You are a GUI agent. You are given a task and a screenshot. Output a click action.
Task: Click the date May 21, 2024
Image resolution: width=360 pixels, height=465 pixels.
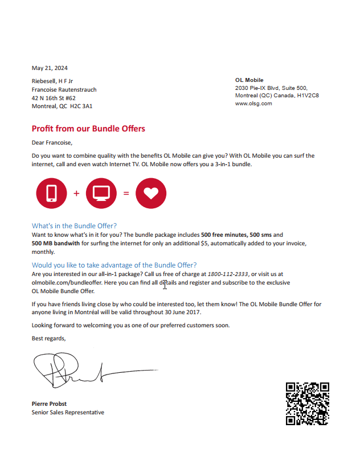(50, 68)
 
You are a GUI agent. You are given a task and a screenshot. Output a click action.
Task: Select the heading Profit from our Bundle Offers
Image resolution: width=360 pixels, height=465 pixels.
(88, 129)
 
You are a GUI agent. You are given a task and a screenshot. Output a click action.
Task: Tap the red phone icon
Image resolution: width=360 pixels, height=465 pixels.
(51, 193)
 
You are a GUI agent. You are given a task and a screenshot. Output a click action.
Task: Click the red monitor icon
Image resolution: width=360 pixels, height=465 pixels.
(101, 193)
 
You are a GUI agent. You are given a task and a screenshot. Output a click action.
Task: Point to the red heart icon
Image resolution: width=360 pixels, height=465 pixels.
(150, 193)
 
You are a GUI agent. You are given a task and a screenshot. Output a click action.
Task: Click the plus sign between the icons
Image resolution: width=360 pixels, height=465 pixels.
(76, 193)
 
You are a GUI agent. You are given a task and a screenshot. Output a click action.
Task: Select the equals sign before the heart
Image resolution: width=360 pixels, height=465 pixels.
(126, 193)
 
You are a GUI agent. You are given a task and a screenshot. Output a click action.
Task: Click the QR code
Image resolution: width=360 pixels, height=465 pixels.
(308, 404)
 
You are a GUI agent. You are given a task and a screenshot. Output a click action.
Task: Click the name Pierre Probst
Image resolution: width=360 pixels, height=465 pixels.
(49, 404)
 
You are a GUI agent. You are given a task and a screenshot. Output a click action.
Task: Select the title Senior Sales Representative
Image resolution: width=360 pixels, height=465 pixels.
(68, 412)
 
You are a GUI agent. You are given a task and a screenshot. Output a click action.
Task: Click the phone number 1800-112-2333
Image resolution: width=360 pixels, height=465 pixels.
(228, 274)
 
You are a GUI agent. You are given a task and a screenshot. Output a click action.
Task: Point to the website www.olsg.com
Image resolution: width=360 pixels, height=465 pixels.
(253, 104)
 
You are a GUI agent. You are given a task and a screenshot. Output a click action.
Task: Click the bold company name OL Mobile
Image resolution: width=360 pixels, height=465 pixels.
(249, 80)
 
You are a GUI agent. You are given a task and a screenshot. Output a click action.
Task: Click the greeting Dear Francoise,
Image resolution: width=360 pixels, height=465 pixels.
(52, 143)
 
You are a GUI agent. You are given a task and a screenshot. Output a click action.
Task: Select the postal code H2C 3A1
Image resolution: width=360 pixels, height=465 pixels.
(81, 106)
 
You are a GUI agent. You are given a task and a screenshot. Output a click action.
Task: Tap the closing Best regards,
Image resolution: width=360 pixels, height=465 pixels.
(48, 339)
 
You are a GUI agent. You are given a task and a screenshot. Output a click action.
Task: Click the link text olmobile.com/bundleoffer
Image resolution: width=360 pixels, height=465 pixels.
(64, 282)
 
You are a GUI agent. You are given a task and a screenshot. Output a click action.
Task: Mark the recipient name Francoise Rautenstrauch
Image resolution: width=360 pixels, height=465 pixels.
(64, 89)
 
